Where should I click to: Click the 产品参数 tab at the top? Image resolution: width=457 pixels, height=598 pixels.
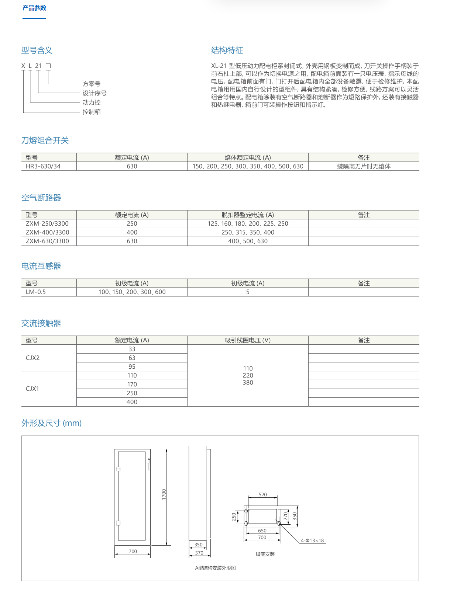[34, 8]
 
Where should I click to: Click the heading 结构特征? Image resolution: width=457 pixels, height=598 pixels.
[227, 50]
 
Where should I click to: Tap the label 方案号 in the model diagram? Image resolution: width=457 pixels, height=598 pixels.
[91, 84]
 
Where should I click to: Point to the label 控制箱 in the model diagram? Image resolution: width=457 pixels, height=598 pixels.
[91, 112]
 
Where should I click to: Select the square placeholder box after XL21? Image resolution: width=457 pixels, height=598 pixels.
[48, 66]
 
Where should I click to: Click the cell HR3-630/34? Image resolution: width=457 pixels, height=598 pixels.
[43, 166]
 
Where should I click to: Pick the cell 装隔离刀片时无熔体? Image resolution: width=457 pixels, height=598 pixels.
[364, 166]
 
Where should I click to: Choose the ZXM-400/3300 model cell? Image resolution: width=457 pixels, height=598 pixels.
[47, 232]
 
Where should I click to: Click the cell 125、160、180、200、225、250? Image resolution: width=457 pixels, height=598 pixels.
[248, 223]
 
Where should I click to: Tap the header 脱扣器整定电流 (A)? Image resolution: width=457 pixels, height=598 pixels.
[248, 215]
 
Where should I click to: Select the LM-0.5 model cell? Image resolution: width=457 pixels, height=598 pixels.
[36, 292]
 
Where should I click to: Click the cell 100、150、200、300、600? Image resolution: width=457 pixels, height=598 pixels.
[132, 292]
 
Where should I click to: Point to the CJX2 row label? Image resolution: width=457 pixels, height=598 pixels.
[33, 358]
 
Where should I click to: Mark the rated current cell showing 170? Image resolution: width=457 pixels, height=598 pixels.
[132, 384]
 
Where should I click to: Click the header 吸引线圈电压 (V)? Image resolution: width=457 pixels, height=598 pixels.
[248, 340]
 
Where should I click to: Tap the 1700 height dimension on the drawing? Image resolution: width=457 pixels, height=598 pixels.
[164, 494]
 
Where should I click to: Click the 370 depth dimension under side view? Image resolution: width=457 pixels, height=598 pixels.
[199, 553]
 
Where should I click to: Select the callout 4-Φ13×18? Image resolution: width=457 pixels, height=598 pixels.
[312, 540]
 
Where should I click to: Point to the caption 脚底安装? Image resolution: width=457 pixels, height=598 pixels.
[265, 554]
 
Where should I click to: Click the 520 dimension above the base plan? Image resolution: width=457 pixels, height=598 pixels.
[262, 494]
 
